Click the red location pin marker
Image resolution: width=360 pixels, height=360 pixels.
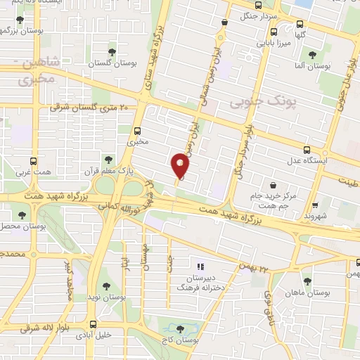coord(181,166)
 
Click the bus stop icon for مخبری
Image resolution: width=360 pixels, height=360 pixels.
coord(137,130)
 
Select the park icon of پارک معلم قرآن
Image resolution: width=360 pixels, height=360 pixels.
coord(108,160)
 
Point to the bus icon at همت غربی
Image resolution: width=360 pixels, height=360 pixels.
coord(33,160)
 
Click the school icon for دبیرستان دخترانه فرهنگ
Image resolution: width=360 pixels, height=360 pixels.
coord(201,266)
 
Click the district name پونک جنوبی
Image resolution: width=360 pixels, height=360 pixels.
coord(253,103)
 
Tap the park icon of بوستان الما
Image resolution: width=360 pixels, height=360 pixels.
coord(312,54)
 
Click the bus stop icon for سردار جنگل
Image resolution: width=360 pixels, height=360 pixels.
coord(224,22)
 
